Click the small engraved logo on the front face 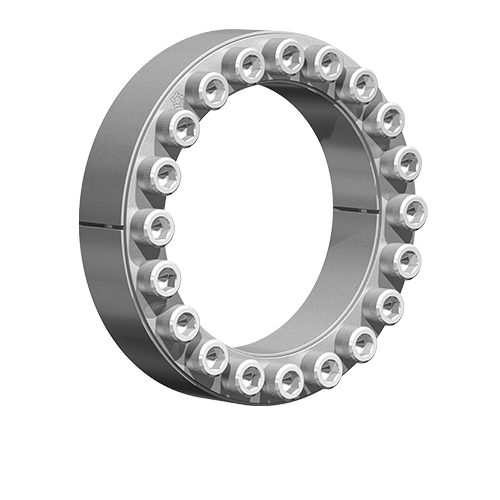(x=178, y=100)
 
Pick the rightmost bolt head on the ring (x=409, y=211)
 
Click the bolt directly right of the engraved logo (x=211, y=90)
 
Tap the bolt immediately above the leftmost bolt (x=160, y=175)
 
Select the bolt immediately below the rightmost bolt (x=403, y=262)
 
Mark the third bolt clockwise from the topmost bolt (x=386, y=119)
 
